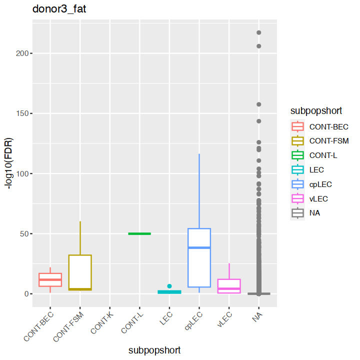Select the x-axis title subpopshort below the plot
pyautogui.click(x=154, y=350)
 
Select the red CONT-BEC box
pyautogui.click(x=50, y=280)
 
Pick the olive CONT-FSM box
pyautogui.click(x=80, y=270)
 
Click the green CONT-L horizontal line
pyautogui.click(x=139, y=233)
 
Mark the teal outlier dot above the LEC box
pyautogui.click(x=169, y=286)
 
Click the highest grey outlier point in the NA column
pyautogui.click(x=259, y=33)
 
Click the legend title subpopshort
pyautogui.click(x=312, y=110)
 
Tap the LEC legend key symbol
pyautogui.click(x=298, y=169)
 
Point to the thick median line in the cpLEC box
pyautogui.click(x=199, y=247)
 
